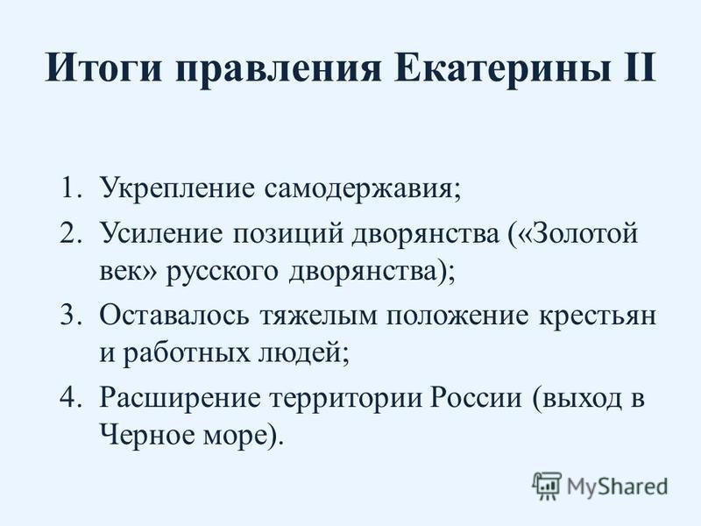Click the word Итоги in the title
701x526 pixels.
[103, 68]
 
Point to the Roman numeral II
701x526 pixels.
[639, 67]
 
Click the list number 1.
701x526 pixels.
[72, 188]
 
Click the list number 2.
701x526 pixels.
[72, 233]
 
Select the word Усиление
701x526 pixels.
[161, 233]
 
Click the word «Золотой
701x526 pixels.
[577, 233]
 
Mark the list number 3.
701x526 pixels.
[72, 316]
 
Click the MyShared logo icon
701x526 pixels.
[547, 486]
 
